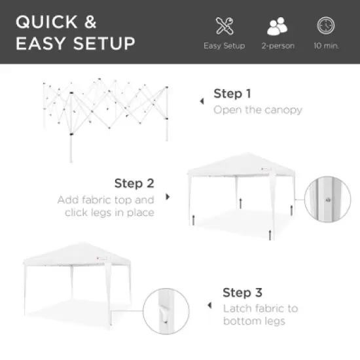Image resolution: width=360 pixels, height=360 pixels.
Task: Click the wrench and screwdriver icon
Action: pos(224,26)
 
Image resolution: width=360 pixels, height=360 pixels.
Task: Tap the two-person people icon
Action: pos(278,26)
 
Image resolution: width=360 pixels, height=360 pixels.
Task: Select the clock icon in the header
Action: pos(325,26)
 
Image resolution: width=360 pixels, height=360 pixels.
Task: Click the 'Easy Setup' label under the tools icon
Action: pos(224,46)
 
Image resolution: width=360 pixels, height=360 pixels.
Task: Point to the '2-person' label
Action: pos(278,46)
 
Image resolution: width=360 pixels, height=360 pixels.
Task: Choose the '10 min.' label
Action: pos(325,46)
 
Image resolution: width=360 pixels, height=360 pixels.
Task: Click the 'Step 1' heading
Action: pos(232,94)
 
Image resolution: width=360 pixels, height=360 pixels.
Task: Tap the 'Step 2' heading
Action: pos(134,183)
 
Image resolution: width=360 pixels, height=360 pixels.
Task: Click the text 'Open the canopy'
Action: pos(258,110)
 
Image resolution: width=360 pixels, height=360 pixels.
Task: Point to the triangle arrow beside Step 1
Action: pos(202,102)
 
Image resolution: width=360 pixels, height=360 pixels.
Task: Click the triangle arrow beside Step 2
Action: pos(168,196)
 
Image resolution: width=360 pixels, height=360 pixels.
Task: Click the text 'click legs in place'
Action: pos(110,213)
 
